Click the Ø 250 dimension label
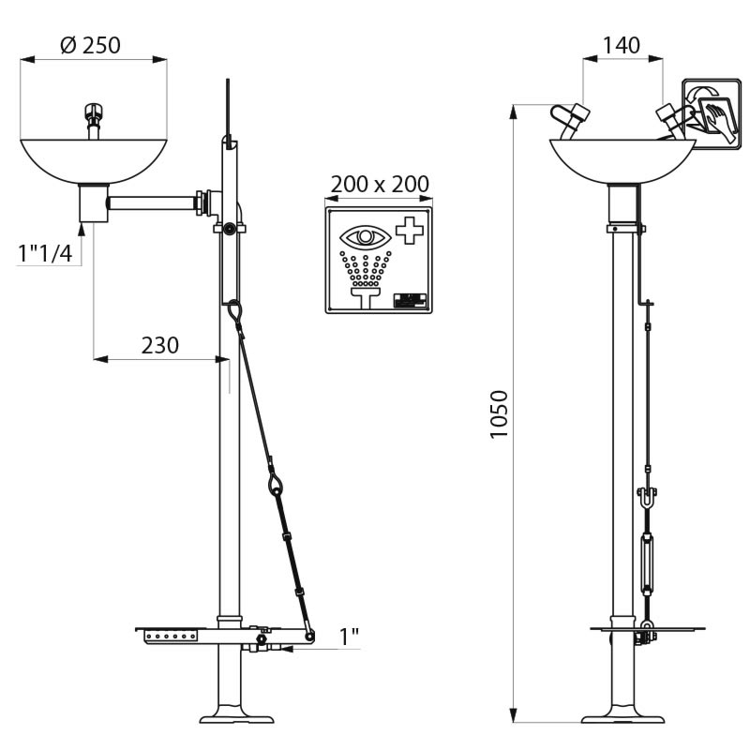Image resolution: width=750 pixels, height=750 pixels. pos(91,45)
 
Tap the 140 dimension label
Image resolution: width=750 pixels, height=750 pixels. pos(621,45)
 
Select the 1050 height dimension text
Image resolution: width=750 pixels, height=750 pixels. pos(499,414)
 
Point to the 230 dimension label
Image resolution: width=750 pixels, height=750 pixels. pos(159,345)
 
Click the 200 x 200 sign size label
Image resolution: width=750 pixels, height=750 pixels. pos(380,184)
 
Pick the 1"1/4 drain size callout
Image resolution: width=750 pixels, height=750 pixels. pos(45,253)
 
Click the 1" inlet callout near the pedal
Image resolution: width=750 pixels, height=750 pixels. pos(349,636)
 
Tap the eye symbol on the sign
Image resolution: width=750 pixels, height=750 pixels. pos(366,237)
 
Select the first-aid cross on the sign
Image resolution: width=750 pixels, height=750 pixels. pos(410,231)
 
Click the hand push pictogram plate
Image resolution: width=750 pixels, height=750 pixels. pos(712,114)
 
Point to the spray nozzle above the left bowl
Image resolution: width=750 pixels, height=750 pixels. pos(93,121)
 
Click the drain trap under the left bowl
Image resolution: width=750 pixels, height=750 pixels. pos(94,202)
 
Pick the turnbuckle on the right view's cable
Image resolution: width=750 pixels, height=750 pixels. pos(647,566)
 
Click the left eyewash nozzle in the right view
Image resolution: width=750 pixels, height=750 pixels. pos(571,120)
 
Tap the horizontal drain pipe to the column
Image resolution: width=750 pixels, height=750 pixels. pos(152,203)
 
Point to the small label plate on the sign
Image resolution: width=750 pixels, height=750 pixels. pos(410,300)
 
